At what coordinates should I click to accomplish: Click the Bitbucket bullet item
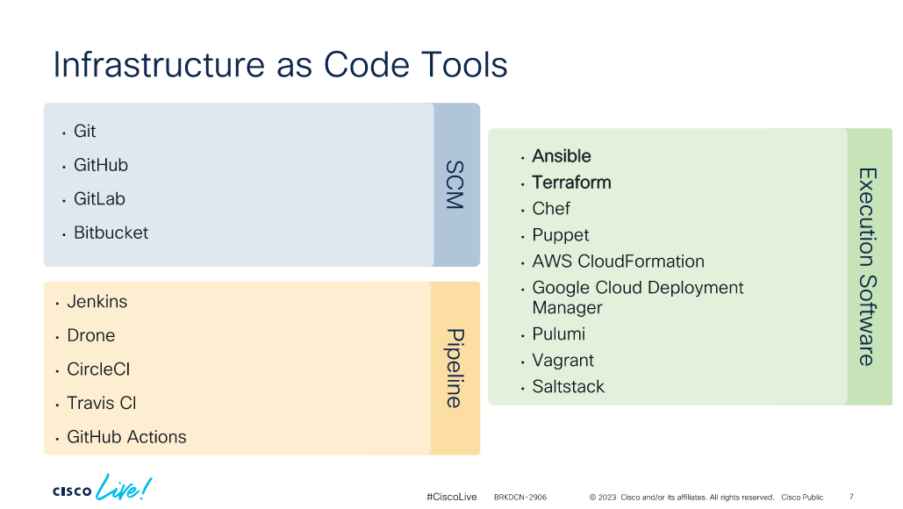tap(111, 233)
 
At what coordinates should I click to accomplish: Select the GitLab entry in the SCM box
tap(99, 198)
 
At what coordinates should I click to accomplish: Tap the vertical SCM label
tap(455, 185)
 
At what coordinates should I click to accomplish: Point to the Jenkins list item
tap(97, 301)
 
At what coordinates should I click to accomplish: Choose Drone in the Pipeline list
tap(91, 335)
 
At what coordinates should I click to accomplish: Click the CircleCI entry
tap(98, 369)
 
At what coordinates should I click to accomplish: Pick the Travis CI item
tap(102, 403)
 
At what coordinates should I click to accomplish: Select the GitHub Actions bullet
tap(126, 437)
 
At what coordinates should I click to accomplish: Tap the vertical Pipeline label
tap(455, 369)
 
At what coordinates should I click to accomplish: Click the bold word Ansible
tap(562, 156)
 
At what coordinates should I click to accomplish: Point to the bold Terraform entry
tap(571, 183)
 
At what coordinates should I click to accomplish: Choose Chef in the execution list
tap(551, 209)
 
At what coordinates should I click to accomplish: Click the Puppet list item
tap(561, 235)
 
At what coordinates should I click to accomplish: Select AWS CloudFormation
tap(618, 262)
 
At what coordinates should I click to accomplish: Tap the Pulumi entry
tap(559, 334)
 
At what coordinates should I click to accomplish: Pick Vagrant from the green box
tap(563, 361)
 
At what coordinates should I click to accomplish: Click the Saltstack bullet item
tap(569, 386)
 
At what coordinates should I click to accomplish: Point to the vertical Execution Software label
tap(868, 267)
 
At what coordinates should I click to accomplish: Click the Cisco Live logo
tap(102, 488)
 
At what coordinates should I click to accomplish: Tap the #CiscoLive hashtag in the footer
tap(451, 497)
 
